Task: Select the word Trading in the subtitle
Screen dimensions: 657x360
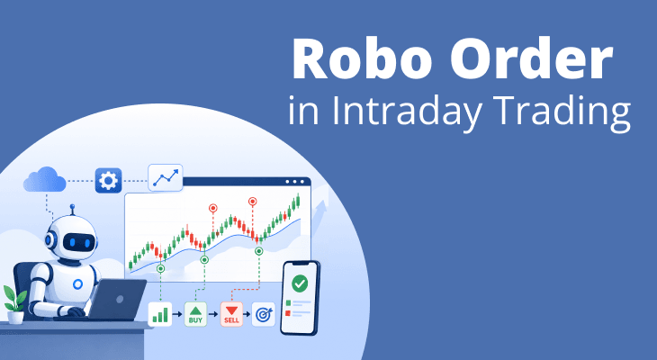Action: click(562, 111)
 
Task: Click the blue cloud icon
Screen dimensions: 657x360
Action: click(45, 179)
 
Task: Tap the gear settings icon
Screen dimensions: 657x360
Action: click(108, 181)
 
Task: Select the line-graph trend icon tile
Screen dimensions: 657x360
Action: click(166, 177)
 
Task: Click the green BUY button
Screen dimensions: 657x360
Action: click(195, 314)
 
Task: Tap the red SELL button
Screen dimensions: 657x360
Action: click(231, 314)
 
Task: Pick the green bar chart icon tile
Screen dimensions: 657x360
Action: click(160, 314)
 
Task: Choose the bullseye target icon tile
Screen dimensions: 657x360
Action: click(263, 314)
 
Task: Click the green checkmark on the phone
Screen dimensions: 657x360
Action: click(300, 283)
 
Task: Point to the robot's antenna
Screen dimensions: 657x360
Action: click(73, 210)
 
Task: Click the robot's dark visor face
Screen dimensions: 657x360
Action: click(79, 242)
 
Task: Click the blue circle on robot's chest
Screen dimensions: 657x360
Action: click(77, 284)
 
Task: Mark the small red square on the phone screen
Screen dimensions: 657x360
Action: click(288, 313)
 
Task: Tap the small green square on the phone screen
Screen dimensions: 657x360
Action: click(288, 302)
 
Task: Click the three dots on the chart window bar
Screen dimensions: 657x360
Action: click(294, 182)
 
